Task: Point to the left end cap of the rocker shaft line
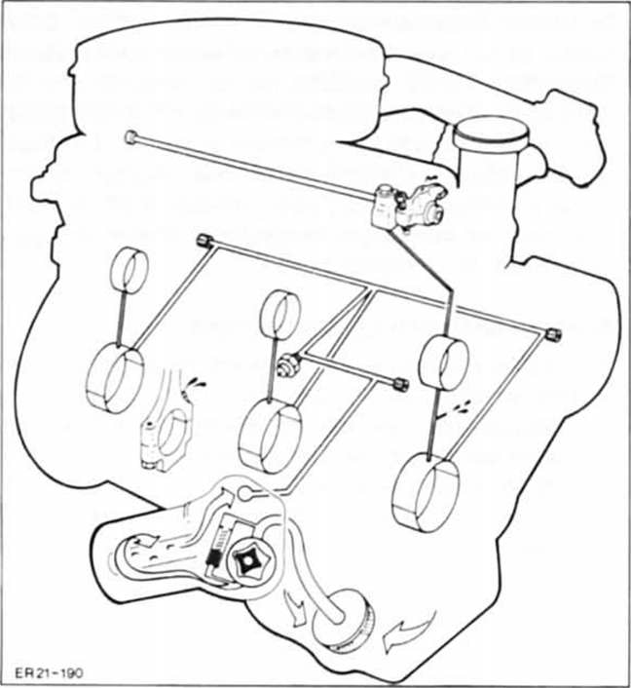pos(130,139)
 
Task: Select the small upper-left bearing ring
pos(130,269)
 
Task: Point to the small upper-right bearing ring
pos(444,361)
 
